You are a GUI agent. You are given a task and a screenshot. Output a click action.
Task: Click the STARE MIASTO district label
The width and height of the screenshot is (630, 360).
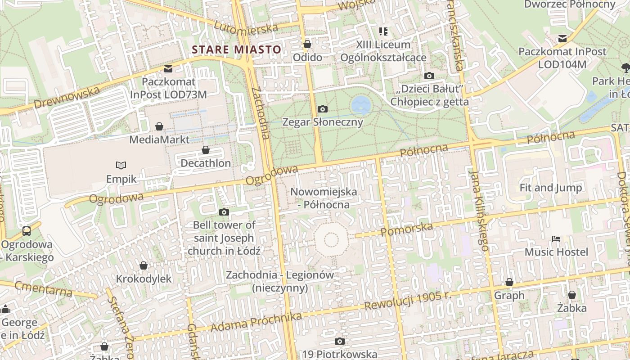click(x=237, y=49)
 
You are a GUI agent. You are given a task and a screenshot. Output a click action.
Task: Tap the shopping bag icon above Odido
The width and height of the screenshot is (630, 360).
click(x=307, y=44)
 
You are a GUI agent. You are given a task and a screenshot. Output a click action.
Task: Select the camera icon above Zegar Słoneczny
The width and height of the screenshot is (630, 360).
click(x=322, y=109)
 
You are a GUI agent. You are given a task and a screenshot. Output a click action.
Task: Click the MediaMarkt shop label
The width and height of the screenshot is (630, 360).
click(x=159, y=139)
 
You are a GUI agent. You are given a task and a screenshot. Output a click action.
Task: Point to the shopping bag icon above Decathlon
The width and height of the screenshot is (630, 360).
click(x=206, y=150)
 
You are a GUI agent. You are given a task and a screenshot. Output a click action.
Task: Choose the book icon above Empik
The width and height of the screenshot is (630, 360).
click(x=121, y=165)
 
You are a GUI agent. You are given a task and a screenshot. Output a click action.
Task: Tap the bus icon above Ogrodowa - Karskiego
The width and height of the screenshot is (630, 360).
click(x=27, y=231)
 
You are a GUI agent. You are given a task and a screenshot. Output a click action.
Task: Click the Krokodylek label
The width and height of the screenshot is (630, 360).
click(x=144, y=279)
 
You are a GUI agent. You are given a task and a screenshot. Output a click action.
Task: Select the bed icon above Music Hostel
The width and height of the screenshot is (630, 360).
click(x=556, y=238)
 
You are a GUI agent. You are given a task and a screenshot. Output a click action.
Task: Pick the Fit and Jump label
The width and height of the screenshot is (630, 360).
click(x=550, y=188)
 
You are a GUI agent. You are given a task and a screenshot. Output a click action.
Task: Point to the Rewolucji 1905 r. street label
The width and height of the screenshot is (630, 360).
click(x=408, y=300)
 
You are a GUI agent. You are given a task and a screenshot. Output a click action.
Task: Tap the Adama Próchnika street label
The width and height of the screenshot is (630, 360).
click(x=256, y=323)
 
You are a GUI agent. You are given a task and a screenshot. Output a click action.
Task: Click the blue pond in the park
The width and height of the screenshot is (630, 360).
click(x=361, y=105)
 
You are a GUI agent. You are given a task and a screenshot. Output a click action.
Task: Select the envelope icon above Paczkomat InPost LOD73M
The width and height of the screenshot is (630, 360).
click(x=168, y=69)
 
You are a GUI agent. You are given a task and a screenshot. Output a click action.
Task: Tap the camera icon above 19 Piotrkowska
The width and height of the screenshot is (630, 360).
click(x=340, y=342)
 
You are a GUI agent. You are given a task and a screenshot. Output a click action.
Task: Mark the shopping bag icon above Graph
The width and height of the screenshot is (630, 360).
click(x=509, y=282)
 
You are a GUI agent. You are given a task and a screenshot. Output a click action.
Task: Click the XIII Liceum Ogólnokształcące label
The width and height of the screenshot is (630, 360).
click(x=383, y=51)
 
